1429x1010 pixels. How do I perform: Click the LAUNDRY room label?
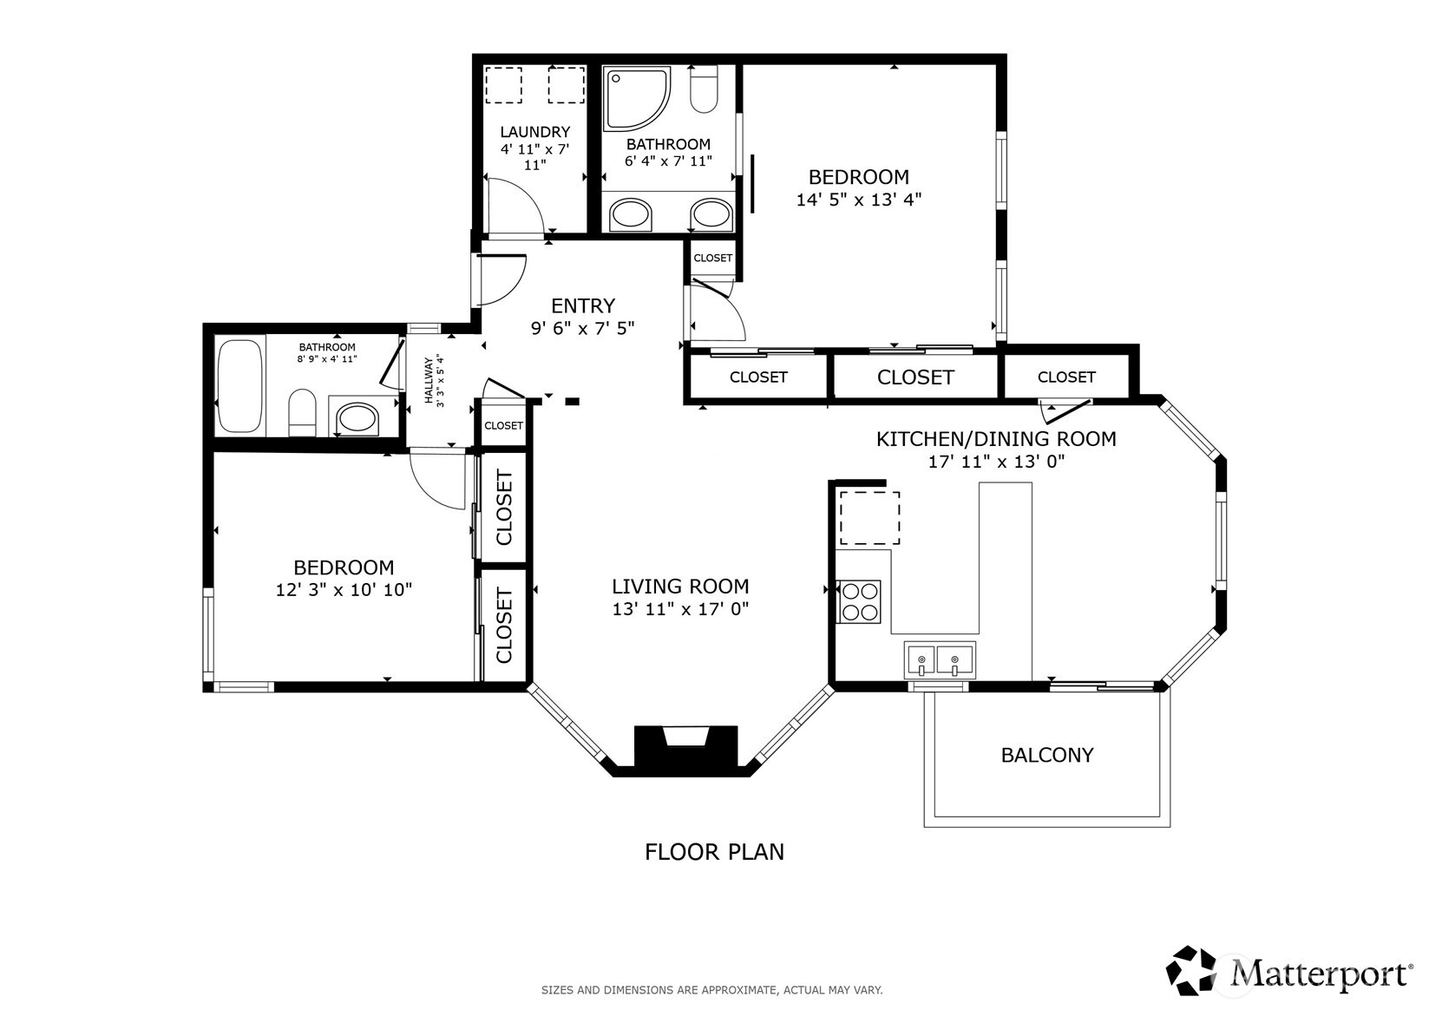tap(534, 132)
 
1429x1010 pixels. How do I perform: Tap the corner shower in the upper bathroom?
tap(637, 98)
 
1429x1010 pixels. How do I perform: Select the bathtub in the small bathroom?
tap(239, 385)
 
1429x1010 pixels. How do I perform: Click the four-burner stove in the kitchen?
tap(859, 601)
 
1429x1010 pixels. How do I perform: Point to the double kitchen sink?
tap(940, 659)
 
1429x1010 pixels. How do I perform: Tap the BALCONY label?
tap(1047, 756)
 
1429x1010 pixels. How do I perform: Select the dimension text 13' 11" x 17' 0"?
tap(680, 608)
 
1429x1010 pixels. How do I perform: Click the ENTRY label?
tap(583, 305)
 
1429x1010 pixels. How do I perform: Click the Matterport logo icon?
tap(1191, 970)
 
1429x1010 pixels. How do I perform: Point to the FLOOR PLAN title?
tap(714, 852)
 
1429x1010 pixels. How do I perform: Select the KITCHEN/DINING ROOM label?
tap(996, 439)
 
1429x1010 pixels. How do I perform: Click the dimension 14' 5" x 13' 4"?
tap(859, 200)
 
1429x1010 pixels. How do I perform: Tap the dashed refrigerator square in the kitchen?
tap(869, 517)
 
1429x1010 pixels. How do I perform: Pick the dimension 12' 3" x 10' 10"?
tap(344, 589)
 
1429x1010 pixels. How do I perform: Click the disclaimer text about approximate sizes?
tap(712, 990)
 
